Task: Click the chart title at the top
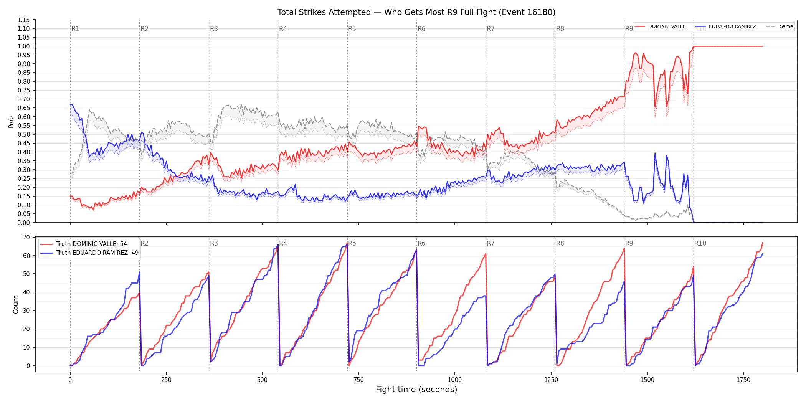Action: tap(416, 12)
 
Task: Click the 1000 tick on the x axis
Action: tap(455, 380)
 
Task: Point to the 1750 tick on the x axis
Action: tap(743, 380)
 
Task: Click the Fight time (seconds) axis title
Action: tap(416, 390)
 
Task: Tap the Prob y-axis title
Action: tap(11, 122)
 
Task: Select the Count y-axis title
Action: tap(16, 304)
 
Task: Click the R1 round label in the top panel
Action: tap(75, 29)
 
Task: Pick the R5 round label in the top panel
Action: tap(352, 29)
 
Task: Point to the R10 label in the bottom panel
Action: tap(700, 243)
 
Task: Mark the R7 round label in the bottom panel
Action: tap(491, 243)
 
